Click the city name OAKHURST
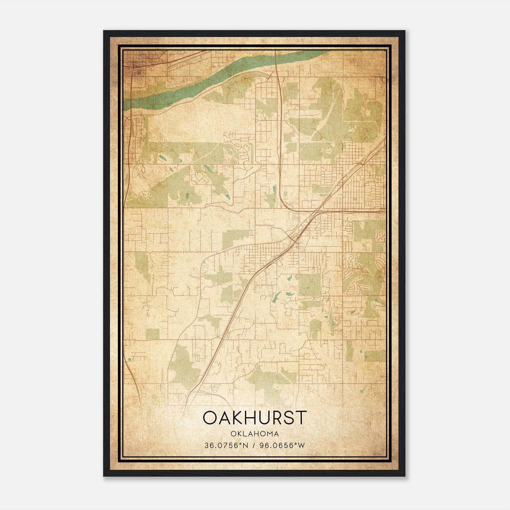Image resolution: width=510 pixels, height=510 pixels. [x=255, y=418]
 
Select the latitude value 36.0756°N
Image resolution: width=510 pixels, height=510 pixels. [x=226, y=445]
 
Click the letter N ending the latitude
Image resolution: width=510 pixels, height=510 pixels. [x=246, y=445]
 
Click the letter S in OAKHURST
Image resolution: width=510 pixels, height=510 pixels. [x=289, y=418]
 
